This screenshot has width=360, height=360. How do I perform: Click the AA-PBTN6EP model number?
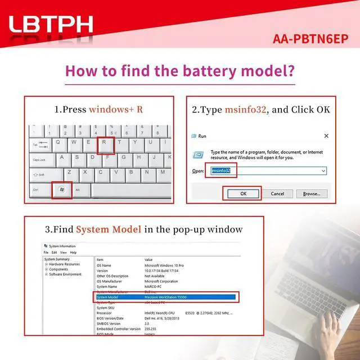(x=310, y=39)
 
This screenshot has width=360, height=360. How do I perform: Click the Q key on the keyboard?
(x=58, y=143)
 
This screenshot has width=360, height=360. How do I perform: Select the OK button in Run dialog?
(x=243, y=193)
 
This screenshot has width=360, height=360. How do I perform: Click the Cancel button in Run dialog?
(x=277, y=193)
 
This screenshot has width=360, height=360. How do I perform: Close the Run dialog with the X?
(x=326, y=136)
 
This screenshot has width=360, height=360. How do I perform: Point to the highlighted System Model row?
(x=166, y=296)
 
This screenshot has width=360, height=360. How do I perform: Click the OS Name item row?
(x=105, y=265)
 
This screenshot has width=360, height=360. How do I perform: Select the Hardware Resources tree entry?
(x=64, y=264)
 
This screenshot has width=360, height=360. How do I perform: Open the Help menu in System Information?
(x=73, y=253)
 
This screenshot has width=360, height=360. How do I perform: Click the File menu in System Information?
(x=47, y=253)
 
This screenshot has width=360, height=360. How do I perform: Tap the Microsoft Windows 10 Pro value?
(x=168, y=265)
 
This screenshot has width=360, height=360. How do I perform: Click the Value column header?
(x=149, y=259)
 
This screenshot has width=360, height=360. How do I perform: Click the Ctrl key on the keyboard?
(x=36, y=190)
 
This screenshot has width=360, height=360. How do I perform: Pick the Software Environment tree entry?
(x=65, y=274)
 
